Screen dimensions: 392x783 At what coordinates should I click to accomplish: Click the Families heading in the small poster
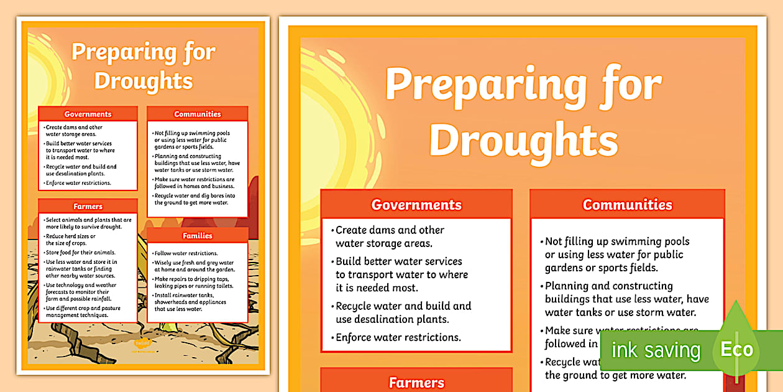click(198, 236)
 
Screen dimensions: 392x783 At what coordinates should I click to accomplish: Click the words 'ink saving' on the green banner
click(656, 350)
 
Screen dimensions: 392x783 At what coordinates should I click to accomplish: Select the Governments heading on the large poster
click(416, 205)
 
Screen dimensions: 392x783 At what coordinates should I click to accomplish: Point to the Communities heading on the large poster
click(628, 205)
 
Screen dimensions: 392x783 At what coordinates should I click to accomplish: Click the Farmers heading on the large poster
click(416, 383)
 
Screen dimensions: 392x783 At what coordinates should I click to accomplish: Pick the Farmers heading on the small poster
click(88, 207)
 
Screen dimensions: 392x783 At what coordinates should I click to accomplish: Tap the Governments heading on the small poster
click(88, 114)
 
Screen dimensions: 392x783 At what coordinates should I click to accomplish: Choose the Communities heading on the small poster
click(198, 114)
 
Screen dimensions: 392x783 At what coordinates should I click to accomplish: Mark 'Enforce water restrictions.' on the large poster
click(398, 337)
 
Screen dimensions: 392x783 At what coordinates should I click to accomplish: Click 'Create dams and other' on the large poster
click(390, 230)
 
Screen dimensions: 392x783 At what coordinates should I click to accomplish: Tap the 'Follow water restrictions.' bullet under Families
click(186, 253)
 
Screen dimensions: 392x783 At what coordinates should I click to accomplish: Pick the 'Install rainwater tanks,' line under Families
click(184, 294)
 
